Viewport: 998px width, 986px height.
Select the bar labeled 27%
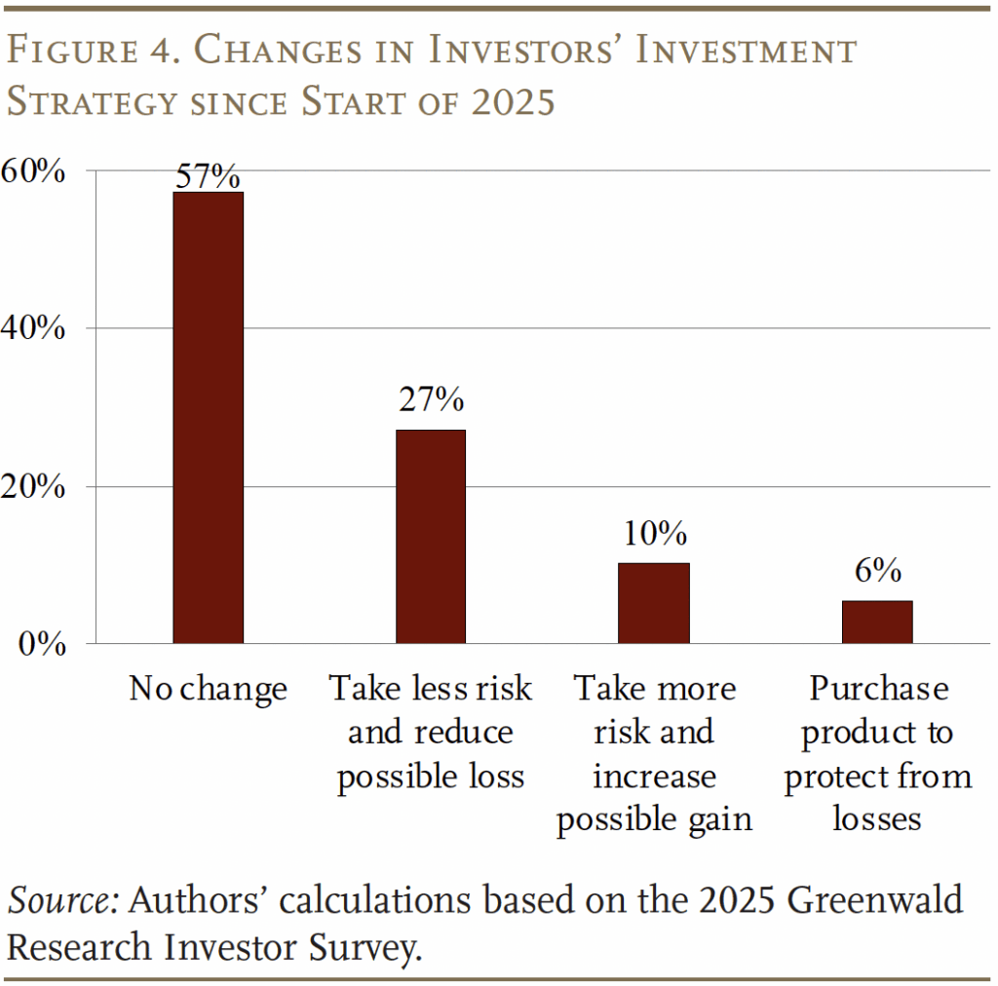(x=430, y=536)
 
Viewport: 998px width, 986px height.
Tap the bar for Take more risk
(x=653, y=603)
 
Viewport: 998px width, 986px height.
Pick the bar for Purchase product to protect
(x=877, y=622)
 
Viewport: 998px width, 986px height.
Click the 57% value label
(x=208, y=176)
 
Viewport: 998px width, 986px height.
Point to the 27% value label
(x=430, y=399)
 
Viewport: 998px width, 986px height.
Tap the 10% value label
(x=654, y=534)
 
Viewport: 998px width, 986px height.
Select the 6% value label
(x=877, y=571)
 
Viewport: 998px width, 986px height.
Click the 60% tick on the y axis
(x=33, y=171)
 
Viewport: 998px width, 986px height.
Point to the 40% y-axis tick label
(x=33, y=329)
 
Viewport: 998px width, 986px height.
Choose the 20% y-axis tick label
(x=33, y=487)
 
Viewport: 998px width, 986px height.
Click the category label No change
(x=208, y=690)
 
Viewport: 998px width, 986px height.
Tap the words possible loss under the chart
(x=430, y=777)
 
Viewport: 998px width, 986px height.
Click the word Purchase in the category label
(x=878, y=689)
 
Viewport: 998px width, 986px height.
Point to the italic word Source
(x=63, y=901)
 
